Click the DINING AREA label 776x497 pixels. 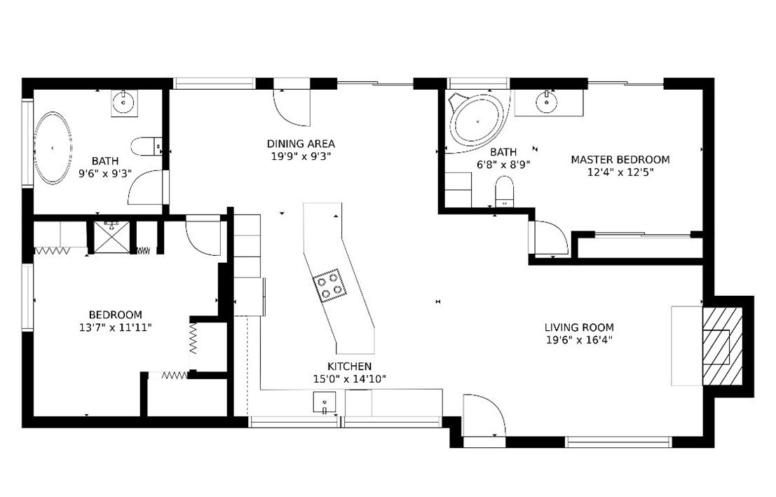[301, 144]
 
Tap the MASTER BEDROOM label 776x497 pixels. [620, 160]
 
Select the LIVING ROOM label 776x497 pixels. [579, 327]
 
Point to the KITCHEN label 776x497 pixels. [349, 367]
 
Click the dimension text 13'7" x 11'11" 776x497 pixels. [115, 327]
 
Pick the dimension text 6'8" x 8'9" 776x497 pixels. [503, 164]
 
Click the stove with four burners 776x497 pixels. [327, 285]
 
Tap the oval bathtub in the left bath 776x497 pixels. [53, 148]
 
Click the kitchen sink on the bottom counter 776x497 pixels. [324, 402]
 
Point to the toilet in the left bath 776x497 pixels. [147, 147]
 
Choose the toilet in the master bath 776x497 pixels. [504, 192]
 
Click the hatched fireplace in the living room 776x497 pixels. [723, 346]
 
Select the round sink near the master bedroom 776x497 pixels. [547, 102]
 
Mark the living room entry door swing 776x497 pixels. [484, 415]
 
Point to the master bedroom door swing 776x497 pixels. [550, 238]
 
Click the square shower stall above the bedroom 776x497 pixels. [111, 237]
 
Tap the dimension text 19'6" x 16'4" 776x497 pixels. [579, 340]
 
